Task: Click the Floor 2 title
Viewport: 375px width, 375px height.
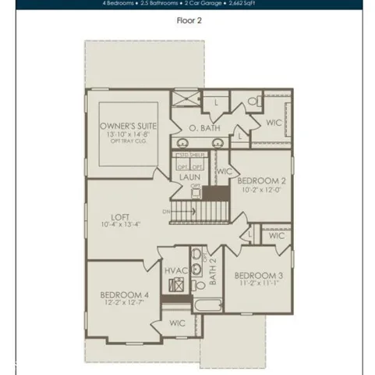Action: point(189,21)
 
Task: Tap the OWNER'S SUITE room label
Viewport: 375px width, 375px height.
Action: point(129,125)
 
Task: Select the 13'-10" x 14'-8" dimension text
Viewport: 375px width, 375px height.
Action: point(129,134)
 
